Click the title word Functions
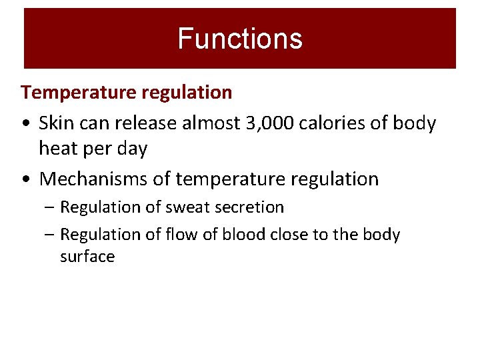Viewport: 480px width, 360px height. pos(240,39)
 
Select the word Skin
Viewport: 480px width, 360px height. pos(55,123)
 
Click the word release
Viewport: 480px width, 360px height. pos(139,123)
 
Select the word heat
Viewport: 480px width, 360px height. pos(55,149)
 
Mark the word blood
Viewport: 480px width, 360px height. pos(240,235)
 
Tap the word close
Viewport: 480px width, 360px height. pos(291,235)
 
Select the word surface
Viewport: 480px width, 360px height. pos(87,257)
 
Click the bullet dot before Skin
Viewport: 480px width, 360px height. pos(25,125)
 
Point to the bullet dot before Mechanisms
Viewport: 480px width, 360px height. pos(25,180)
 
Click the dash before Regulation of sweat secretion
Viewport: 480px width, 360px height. pos(51,208)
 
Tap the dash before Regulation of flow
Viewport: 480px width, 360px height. pos(51,235)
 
